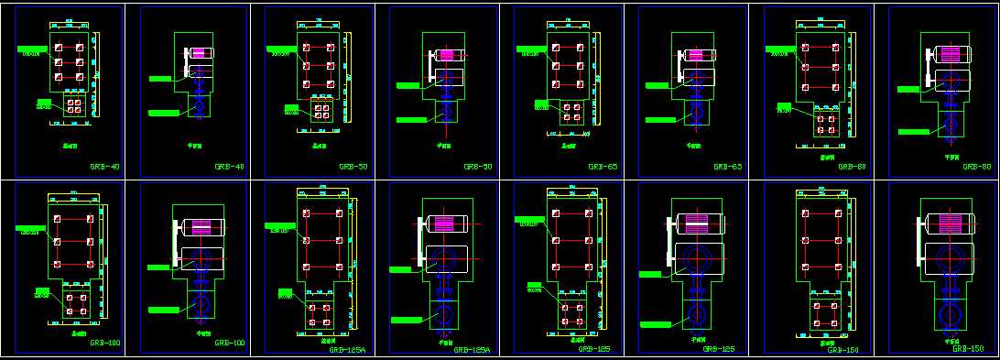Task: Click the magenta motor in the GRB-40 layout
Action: pos(199,54)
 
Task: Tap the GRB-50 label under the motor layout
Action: pos(478,167)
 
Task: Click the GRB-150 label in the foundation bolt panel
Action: pos(843,349)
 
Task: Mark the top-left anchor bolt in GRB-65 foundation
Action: pos(555,44)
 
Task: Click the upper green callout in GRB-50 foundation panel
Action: pos(280,48)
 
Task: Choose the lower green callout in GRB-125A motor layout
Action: pos(407,320)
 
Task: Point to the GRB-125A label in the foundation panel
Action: pos(347,350)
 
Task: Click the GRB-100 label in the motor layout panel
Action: pos(229,343)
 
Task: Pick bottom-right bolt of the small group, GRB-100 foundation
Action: pos(84,312)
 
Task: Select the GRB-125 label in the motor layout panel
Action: pos(719,349)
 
